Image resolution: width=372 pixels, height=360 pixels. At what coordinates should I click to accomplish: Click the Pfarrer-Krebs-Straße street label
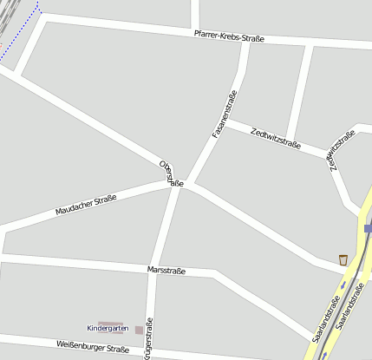pos(229,36)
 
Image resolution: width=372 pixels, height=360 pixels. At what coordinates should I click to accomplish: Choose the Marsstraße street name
pos(167,271)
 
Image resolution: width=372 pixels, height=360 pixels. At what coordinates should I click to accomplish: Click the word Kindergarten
pos(108,328)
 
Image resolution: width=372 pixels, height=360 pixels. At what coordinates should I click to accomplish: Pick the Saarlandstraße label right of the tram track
pos(346,313)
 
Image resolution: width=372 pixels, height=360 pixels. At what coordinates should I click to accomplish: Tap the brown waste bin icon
pos(343,259)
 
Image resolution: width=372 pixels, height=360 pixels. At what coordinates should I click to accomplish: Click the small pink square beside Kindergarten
pos(139,330)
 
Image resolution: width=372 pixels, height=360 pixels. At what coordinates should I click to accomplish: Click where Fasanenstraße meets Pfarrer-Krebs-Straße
pos(248,41)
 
